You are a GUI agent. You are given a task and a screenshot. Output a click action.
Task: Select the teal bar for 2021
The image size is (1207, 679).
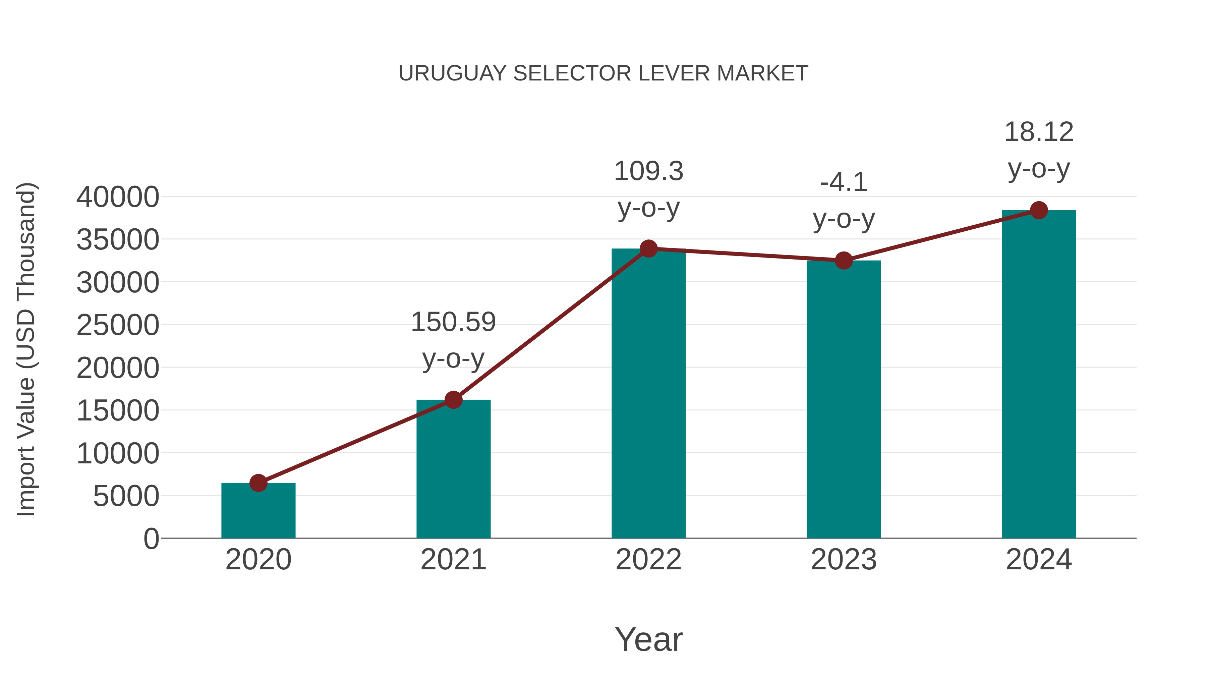point(453,469)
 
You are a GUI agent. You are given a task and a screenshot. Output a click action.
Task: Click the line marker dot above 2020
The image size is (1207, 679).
point(258,483)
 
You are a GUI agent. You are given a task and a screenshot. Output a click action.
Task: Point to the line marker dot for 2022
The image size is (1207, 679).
point(648,248)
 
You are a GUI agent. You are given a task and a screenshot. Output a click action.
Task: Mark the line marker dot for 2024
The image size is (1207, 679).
point(1039,210)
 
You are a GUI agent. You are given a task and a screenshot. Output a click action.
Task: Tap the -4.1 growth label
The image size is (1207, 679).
point(844,200)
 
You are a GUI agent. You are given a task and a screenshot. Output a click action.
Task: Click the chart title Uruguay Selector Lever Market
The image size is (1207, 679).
point(603,73)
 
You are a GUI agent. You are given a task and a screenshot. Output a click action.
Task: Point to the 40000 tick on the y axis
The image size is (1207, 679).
point(118,197)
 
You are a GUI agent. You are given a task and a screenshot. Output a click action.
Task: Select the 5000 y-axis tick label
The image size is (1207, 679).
point(126,496)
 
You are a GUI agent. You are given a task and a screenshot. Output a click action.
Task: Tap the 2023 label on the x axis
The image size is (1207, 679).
point(844,560)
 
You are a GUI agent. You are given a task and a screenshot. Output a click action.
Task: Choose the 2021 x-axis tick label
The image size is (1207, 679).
point(453,560)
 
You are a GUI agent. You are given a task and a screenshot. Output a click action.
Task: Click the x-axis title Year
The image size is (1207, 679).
point(648,639)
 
